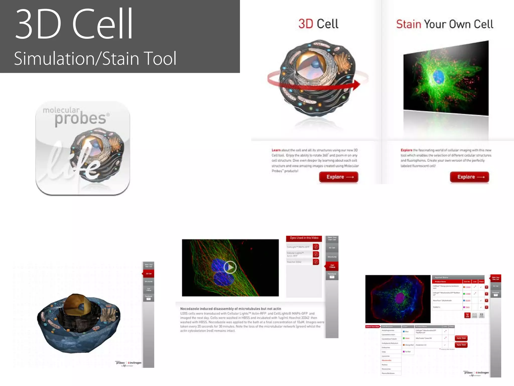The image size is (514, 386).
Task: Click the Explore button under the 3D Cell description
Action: click(339, 177)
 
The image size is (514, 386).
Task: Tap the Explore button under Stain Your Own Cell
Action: click(469, 177)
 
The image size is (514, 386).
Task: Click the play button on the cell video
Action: click(230, 267)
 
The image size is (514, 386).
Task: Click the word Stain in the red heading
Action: click(408, 24)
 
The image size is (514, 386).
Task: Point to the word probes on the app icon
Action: click(80, 119)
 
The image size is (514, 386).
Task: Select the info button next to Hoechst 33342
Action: click(316, 262)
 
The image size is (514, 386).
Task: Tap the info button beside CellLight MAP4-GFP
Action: click(316, 247)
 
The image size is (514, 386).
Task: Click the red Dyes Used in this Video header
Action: click(304, 238)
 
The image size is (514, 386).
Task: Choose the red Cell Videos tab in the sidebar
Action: click(332, 266)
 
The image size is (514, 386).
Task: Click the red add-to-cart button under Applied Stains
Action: click(467, 315)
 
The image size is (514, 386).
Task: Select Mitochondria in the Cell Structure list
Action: click(387, 360)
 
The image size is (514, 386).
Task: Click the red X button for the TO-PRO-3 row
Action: click(486, 307)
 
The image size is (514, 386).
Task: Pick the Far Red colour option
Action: click(407, 352)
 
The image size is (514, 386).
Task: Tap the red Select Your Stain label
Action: click(372, 327)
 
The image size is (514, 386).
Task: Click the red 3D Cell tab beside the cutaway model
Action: click(149, 273)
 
